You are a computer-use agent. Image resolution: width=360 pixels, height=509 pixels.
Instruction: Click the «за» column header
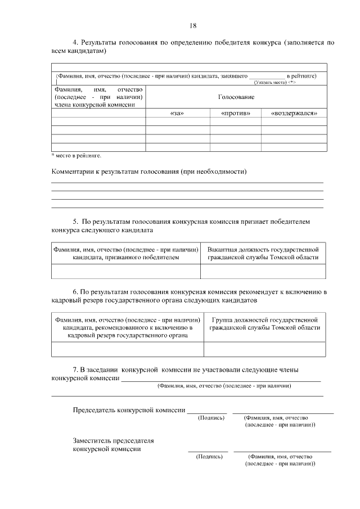pyautogui.click(x=177, y=114)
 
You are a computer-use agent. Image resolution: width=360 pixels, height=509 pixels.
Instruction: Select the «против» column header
pyautogui.click(x=235, y=114)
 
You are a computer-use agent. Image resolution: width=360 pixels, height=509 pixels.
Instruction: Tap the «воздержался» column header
pyautogui.click(x=294, y=114)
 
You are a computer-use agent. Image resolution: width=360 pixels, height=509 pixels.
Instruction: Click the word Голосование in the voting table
pyautogui.click(x=236, y=97)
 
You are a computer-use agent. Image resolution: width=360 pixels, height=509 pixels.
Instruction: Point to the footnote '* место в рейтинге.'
pyautogui.click(x=76, y=155)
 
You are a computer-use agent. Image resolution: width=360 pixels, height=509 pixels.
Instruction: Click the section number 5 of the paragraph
pyautogui.click(x=75, y=222)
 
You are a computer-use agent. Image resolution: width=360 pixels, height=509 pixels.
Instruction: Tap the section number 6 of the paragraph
pyautogui.click(x=75, y=292)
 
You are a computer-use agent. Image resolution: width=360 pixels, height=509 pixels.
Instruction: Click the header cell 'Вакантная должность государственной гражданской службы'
pyautogui.click(x=263, y=253)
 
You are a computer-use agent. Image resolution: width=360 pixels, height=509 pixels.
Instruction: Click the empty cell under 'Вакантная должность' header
pyautogui.click(x=263, y=271)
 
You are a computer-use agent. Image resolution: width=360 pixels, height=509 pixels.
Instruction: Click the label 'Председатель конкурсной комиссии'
pyautogui.click(x=129, y=411)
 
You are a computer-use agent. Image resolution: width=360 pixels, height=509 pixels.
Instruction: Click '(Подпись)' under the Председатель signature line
pyautogui.click(x=211, y=418)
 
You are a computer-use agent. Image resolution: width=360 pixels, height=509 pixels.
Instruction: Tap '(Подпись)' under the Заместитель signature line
pyautogui.click(x=209, y=457)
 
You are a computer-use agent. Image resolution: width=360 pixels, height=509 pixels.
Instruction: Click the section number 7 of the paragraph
pyautogui.click(x=75, y=370)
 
